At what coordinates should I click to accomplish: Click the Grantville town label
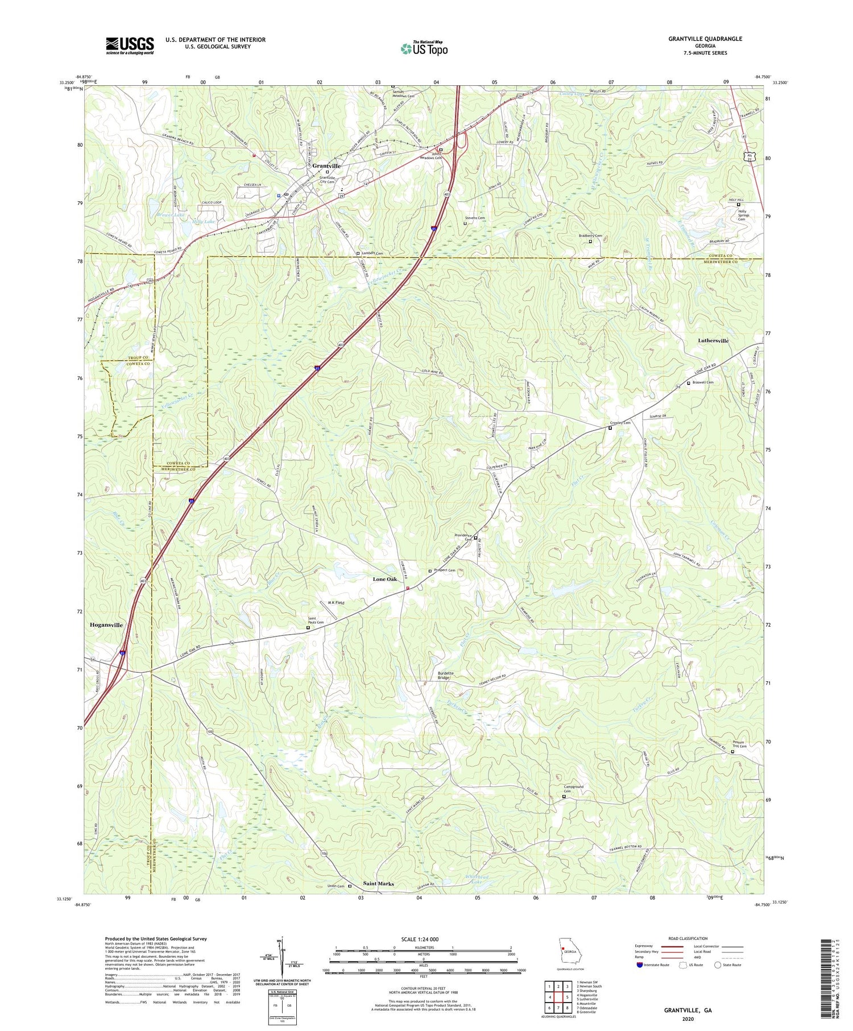point(326,166)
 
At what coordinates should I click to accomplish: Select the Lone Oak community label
point(385,579)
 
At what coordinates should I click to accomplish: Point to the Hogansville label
point(106,625)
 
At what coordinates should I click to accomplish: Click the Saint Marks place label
point(378,884)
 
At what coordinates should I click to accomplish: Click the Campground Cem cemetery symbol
point(564,797)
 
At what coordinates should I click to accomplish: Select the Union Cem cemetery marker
point(350,886)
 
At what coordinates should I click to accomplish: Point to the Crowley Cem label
point(620,423)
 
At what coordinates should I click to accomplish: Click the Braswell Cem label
point(703,382)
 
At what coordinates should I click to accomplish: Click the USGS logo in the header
point(130,45)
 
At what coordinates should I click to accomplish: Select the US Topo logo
point(424,48)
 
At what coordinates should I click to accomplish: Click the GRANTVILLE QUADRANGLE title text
point(705,39)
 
